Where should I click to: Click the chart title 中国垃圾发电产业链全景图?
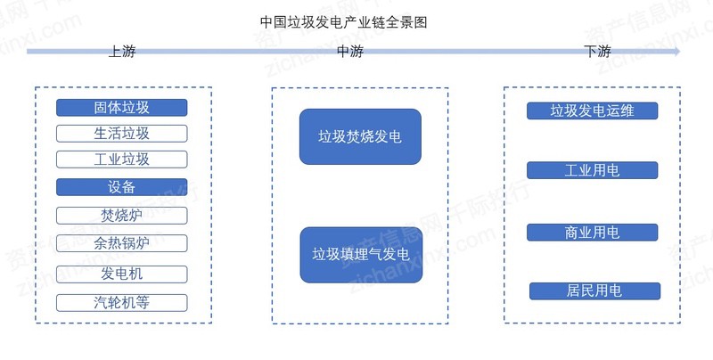[x=344, y=21]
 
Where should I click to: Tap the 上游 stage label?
[x=122, y=52]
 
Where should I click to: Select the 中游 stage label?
[x=350, y=52]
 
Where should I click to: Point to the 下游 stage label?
[x=597, y=52]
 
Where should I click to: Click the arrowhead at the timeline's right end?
[x=677, y=52]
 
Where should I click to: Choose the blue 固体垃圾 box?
[x=122, y=108]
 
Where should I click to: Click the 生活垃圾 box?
[x=122, y=134]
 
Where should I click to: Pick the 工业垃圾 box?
[x=122, y=160]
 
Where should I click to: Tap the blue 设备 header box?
[x=122, y=187]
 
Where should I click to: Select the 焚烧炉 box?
[x=122, y=216]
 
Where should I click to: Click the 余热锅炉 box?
[x=122, y=243]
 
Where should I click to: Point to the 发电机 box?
[x=122, y=274]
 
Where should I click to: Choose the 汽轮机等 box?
[x=122, y=303]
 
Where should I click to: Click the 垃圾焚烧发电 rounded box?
[x=360, y=136]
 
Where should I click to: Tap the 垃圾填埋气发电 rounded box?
[x=361, y=255]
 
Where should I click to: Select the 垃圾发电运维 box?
[x=592, y=110]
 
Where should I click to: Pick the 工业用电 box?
[x=592, y=170]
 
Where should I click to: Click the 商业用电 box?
[x=592, y=233]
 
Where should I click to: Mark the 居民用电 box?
[x=594, y=290]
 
